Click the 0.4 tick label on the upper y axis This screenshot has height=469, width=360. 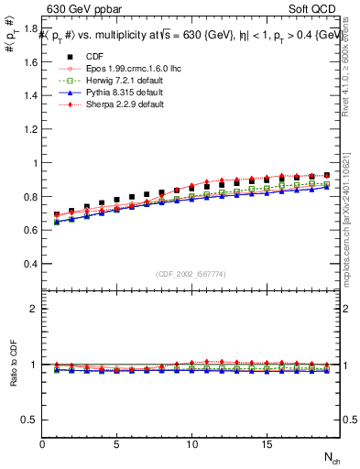click(31, 264)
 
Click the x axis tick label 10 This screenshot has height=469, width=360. click(191, 444)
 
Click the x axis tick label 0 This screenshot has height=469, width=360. click(42, 444)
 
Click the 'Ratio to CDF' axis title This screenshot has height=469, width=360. click(12, 376)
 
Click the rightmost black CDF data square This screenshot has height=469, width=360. click(327, 175)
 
